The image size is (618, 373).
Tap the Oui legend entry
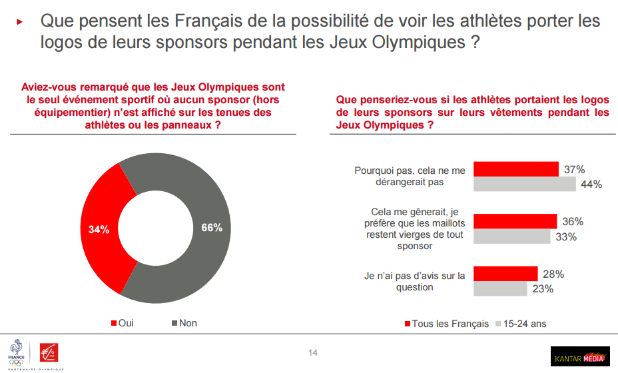click(x=122, y=323)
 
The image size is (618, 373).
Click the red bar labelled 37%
click(x=515, y=169)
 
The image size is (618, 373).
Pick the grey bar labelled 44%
click(x=524, y=184)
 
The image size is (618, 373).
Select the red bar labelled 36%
click(x=515, y=221)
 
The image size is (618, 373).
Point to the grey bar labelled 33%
click(x=511, y=236)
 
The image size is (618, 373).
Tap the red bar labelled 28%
click(x=505, y=274)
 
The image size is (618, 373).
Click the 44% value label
click(x=591, y=185)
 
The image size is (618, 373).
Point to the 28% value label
click(x=553, y=274)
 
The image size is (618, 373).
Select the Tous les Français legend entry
click(x=446, y=324)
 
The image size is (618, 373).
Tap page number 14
click(x=313, y=352)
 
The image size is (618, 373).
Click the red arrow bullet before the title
click(x=20, y=21)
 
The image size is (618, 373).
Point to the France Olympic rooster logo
click(x=16, y=352)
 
